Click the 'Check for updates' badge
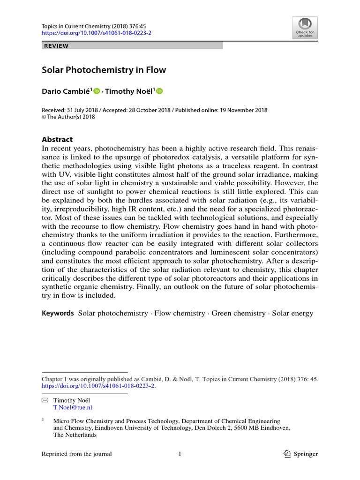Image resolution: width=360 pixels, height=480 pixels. click(305, 28)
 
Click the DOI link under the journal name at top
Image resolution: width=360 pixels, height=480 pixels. click(97, 33)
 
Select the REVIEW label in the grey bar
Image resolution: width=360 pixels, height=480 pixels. click(56, 46)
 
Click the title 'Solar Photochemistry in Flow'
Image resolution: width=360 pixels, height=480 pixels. click(104, 70)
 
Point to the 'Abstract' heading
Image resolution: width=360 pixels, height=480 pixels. click(57, 139)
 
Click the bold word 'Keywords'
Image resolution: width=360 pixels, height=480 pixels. click(58, 313)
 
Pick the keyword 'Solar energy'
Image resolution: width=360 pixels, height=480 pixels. click(292, 313)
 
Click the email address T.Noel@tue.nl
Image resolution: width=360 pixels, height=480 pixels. click(72, 408)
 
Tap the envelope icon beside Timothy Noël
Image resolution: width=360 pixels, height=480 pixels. click(45, 400)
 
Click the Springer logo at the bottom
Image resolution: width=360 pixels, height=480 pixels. click(301, 454)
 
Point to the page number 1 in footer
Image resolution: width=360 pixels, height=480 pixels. click(180, 454)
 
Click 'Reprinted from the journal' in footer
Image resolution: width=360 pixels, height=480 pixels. click(77, 454)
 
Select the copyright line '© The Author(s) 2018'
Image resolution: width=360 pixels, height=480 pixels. click(68, 117)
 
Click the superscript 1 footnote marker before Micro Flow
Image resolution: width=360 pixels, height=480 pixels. click(43, 420)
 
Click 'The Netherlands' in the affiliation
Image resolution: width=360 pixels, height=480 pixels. click(75, 435)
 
